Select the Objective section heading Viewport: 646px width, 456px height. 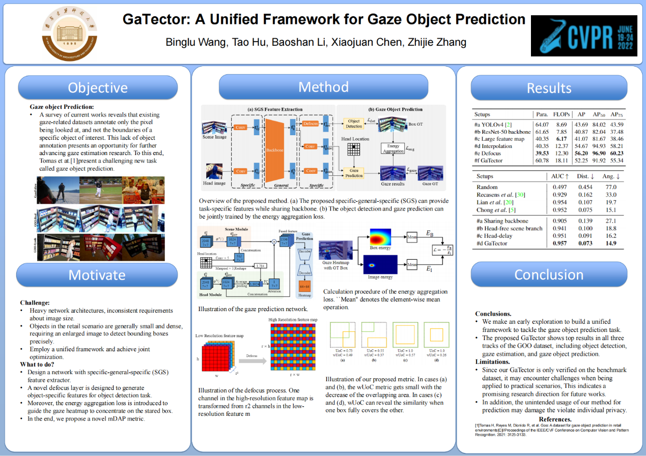[x=98, y=87]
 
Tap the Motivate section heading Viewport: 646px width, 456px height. [x=97, y=275]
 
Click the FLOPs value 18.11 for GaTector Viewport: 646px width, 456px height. [x=561, y=161]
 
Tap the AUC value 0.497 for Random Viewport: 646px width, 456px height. [x=560, y=188]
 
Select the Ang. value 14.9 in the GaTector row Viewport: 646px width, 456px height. [x=611, y=244]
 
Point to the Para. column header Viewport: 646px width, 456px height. [x=542, y=114]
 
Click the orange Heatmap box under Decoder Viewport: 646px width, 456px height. [x=305, y=290]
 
